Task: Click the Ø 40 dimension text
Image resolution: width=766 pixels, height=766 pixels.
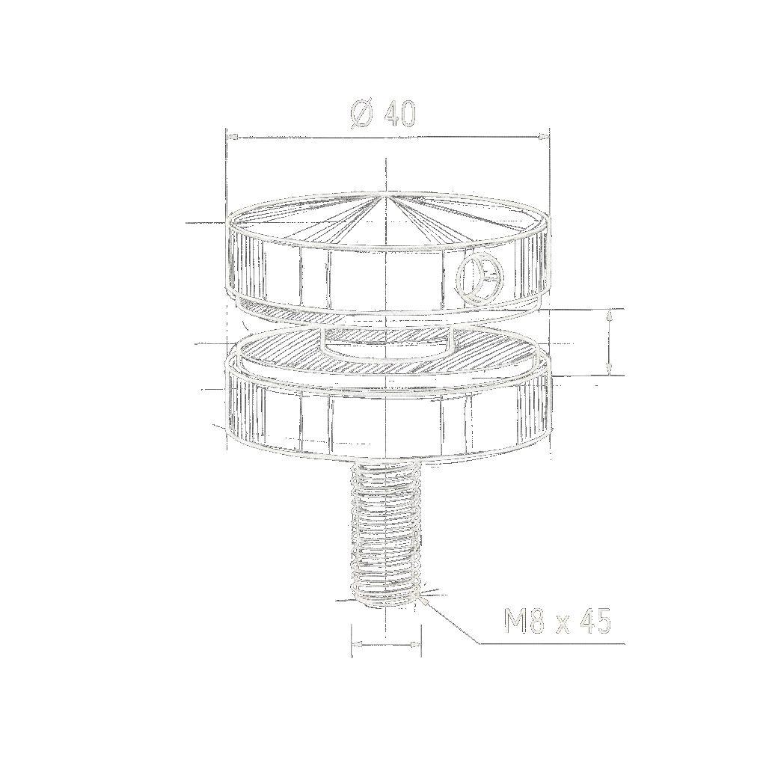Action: pos(383,114)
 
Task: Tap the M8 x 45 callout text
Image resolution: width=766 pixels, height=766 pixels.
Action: pos(557,622)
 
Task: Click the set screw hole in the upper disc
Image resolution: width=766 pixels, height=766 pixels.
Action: pos(477,278)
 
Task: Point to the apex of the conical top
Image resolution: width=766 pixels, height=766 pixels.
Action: pos(384,193)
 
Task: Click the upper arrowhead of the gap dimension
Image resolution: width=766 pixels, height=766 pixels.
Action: pos(610,312)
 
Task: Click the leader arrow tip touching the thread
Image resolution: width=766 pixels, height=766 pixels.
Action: pos(423,596)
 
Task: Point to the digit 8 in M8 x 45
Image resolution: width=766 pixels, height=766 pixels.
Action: pos(536,622)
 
